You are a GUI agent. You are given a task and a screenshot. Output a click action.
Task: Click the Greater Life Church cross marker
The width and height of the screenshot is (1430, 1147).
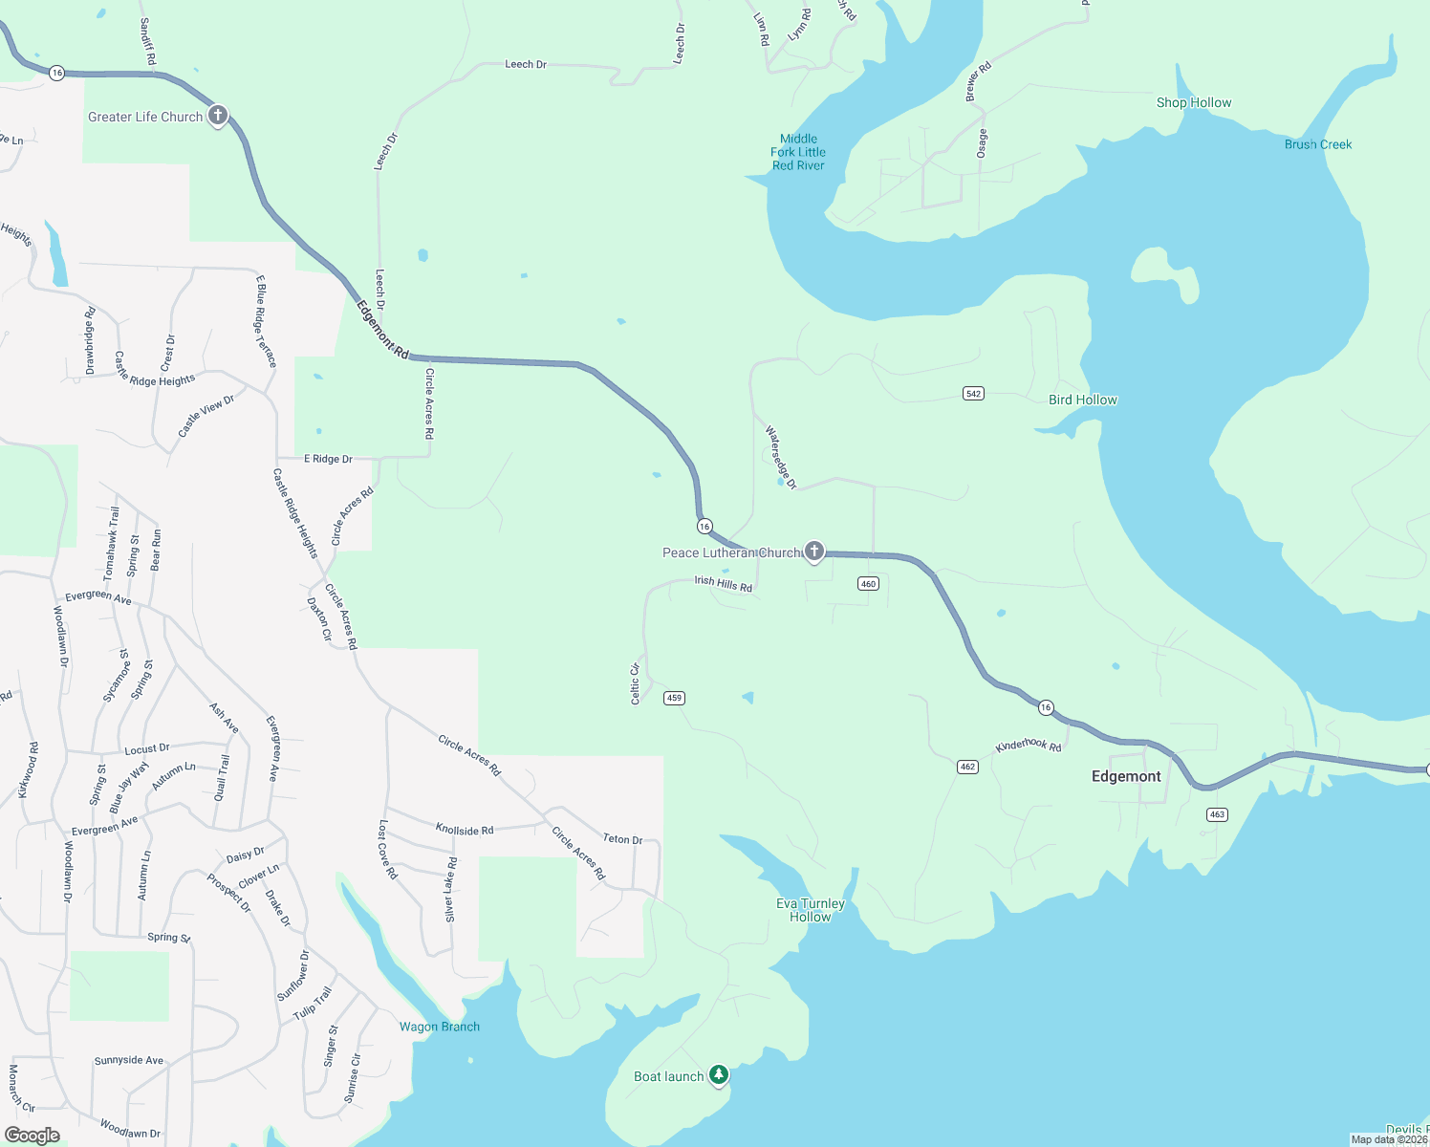(218, 116)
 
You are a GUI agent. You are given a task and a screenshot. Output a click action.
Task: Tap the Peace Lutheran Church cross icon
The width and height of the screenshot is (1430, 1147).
(813, 551)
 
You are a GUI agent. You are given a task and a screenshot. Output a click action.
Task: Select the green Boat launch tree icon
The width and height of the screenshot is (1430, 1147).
(718, 1074)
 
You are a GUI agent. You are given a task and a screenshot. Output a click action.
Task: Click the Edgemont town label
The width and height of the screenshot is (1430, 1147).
(1126, 776)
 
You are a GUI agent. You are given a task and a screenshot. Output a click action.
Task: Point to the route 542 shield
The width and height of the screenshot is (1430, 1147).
(973, 394)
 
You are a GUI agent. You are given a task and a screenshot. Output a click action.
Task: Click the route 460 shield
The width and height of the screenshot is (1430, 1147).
(868, 584)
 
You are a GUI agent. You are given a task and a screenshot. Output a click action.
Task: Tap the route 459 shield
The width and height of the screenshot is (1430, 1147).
(674, 698)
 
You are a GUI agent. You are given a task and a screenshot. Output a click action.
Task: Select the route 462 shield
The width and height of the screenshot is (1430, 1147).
(967, 767)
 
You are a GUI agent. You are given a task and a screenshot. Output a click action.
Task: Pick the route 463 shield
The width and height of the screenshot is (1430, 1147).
(1216, 814)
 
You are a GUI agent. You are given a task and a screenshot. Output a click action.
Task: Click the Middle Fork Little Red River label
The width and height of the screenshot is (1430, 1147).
(798, 152)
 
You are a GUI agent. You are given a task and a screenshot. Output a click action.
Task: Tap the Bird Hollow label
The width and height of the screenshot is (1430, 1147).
(1082, 400)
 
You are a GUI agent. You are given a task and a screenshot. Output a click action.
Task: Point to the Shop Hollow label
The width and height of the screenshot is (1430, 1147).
(1193, 102)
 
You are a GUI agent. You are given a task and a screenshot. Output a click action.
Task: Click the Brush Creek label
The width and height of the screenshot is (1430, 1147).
(1317, 144)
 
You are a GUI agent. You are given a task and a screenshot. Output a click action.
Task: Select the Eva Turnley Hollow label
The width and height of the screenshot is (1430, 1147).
(810, 910)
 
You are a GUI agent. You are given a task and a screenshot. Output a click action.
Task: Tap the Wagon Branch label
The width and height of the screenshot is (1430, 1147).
(440, 1027)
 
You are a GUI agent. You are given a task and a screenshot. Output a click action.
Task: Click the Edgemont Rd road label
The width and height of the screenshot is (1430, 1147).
(382, 330)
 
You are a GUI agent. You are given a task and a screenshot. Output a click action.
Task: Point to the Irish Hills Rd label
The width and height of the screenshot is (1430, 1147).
(723, 583)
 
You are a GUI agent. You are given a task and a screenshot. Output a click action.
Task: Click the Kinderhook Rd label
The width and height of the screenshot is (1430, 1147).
(1029, 745)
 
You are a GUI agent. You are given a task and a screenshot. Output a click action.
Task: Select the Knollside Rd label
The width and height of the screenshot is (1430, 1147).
(465, 830)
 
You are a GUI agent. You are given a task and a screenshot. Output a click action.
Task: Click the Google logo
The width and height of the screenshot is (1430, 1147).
(32, 1135)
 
